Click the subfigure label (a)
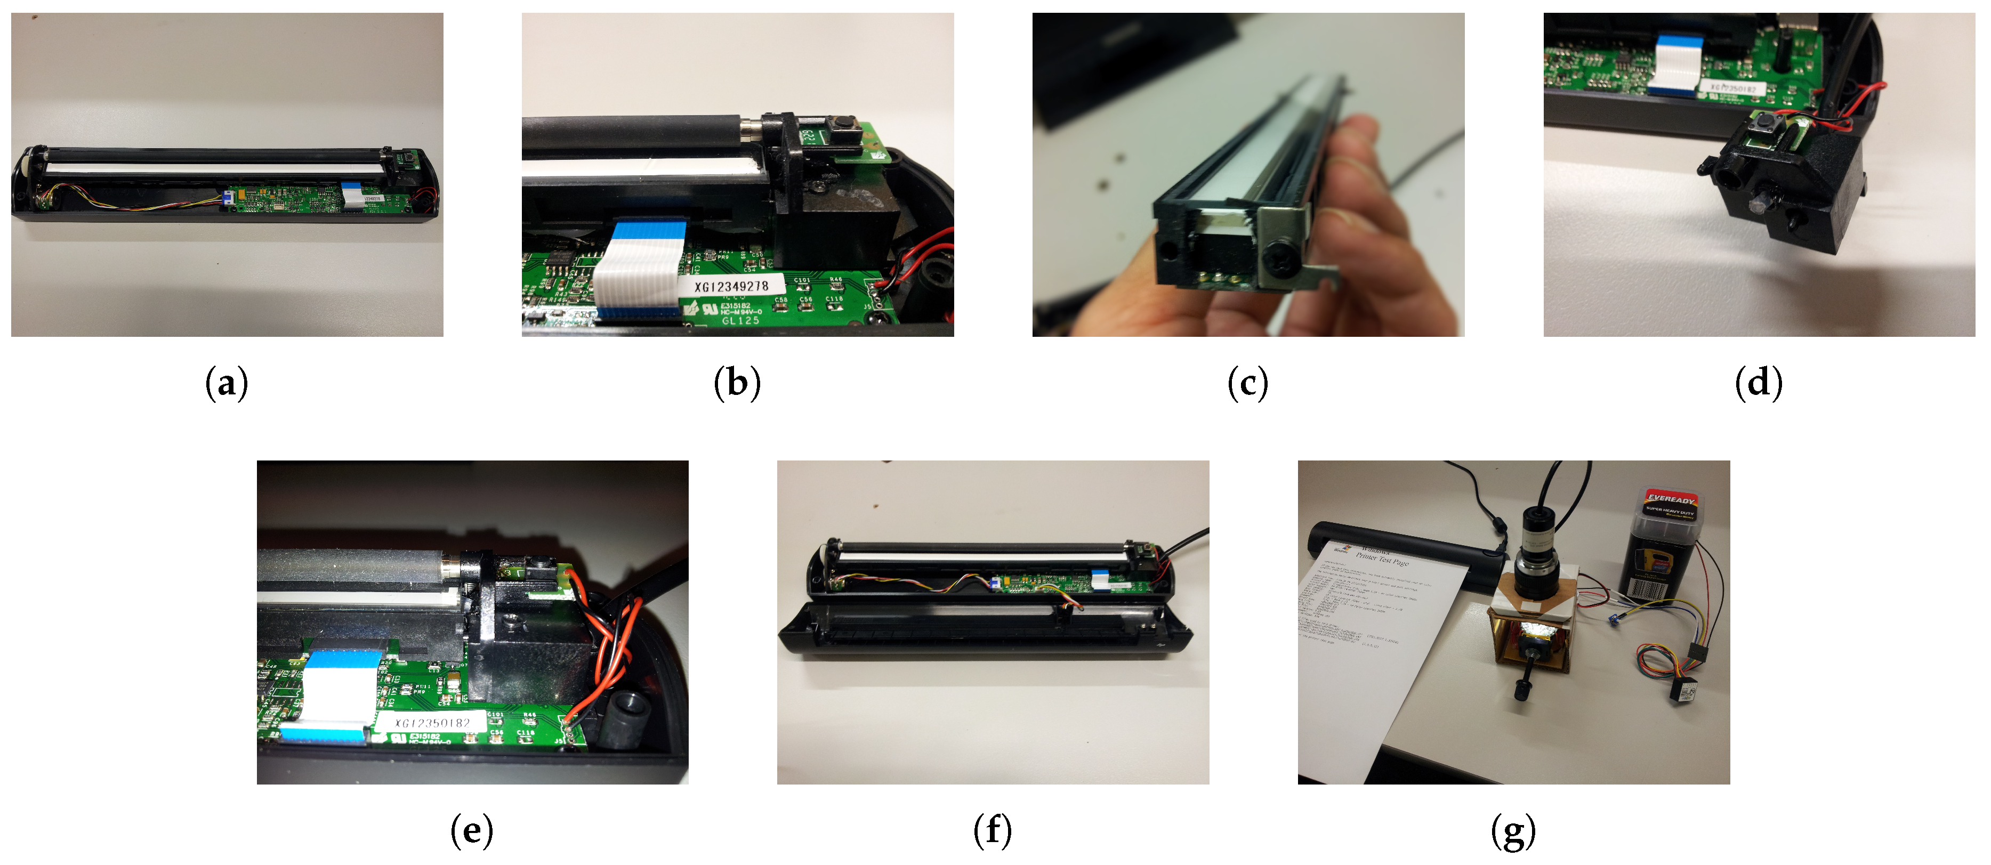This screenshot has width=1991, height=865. coord(227,383)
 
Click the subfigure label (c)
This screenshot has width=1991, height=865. coord(1247,383)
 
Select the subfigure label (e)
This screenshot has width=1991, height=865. coord(471,832)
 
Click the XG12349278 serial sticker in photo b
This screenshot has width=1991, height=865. coord(731,287)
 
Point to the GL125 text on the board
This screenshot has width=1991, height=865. coord(740,320)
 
